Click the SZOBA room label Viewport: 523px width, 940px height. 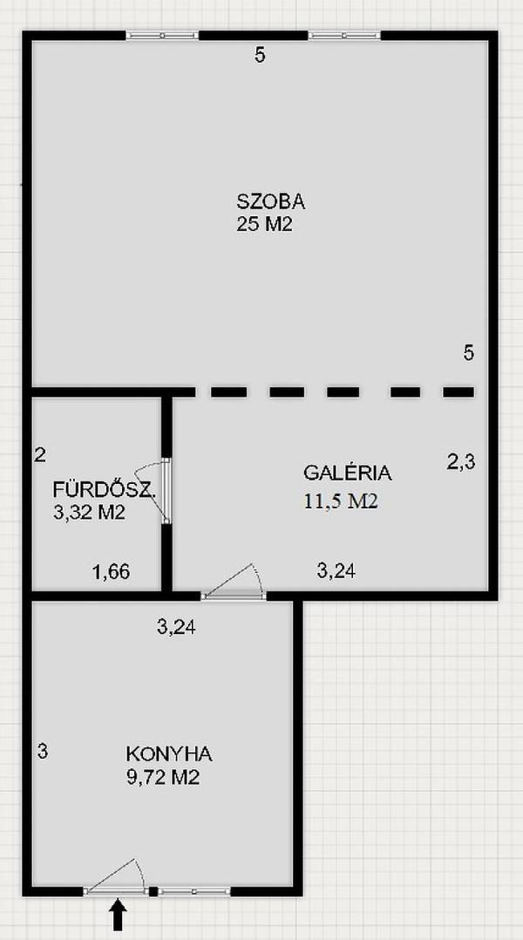(x=271, y=201)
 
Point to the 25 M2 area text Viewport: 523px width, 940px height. (x=264, y=225)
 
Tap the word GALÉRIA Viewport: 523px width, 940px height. (x=348, y=473)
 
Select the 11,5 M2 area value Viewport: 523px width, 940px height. (x=341, y=501)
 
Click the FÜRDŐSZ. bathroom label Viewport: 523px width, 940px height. (x=105, y=490)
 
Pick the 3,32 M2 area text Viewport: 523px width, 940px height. (x=89, y=513)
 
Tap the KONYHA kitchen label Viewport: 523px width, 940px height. (x=169, y=754)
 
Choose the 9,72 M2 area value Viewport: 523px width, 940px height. (x=162, y=778)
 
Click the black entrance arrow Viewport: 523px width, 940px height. (x=118, y=916)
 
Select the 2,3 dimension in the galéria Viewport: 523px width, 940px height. (x=461, y=462)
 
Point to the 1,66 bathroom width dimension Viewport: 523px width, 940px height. (x=111, y=572)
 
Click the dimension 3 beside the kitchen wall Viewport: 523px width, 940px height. (x=42, y=751)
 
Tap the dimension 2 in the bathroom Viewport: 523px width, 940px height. (x=40, y=455)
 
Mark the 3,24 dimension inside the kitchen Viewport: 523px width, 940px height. (x=176, y=627)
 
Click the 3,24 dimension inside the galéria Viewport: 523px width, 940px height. (x=336, y=570)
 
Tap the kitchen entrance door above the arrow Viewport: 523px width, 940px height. (x=115, y=877)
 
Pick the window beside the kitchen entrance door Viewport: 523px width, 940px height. (x=194, y=891)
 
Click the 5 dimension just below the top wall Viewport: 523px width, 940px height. (x=260, y=56)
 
